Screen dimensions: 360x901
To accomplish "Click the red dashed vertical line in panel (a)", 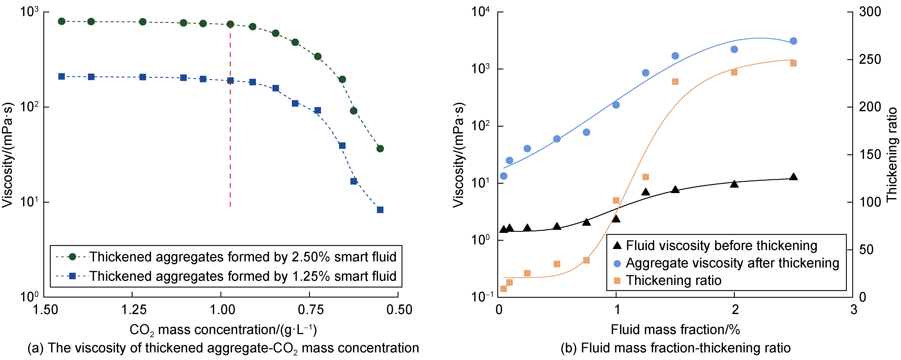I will click(x=230, y=140).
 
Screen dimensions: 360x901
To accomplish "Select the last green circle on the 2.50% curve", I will click(x=380, y=149).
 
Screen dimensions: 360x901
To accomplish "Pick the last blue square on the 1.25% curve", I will click(x=380, y=210).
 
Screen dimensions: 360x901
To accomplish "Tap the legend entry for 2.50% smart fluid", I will click(x=242, y=257).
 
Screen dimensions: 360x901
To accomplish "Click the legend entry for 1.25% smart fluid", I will click(x=242, y=276).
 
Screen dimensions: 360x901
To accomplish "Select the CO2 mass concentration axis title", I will click(x=223, y=330).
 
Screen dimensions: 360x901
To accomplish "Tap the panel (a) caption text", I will click(x=223, y=348).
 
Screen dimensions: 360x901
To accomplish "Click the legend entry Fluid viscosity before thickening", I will click(x=721, y=246).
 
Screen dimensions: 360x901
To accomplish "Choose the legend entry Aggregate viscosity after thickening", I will click(x=732, y=263).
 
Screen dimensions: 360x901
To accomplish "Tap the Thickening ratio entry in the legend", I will click(x=673, y=281).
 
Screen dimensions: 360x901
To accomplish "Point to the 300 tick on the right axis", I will click(x=869, y=12).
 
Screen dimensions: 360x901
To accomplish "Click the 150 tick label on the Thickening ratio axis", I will click(x=869, y=155).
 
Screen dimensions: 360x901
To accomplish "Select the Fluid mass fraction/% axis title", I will click(x=675, y=330).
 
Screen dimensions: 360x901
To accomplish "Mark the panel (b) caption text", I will click(x=675, y=348).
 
